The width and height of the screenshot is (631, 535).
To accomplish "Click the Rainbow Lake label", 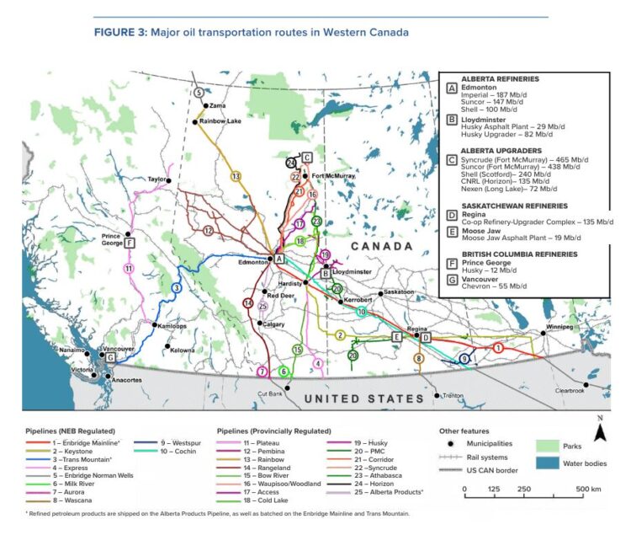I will tap(220, 121).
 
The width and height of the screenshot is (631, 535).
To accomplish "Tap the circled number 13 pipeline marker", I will tap(236, 176).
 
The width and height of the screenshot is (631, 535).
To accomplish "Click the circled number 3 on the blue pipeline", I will tap(176, 288).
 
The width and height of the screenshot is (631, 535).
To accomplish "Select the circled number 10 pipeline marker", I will tap(361, 312).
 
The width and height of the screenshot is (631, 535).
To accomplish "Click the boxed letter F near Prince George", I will tap(129, 237).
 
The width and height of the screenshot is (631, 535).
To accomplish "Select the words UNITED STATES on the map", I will tap(363, 399).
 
